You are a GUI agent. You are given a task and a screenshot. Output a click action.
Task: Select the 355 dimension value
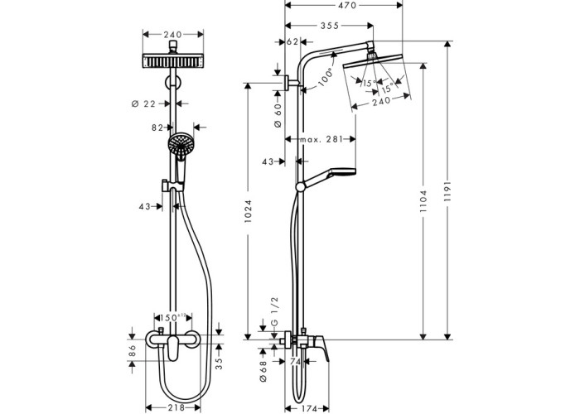pyautogui.click(x=329, y=26)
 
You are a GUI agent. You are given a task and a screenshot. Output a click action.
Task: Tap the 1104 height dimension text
pyautogui.click(x=424, y=199)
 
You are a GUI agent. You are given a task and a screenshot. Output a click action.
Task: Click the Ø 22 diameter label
pyautogui.click(x=145, y=103)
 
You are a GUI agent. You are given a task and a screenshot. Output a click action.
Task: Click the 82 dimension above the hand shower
pyautogui.click(x=157, y=128)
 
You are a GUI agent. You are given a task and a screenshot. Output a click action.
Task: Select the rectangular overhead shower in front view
pyautogui.click(x=173, y=61)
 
